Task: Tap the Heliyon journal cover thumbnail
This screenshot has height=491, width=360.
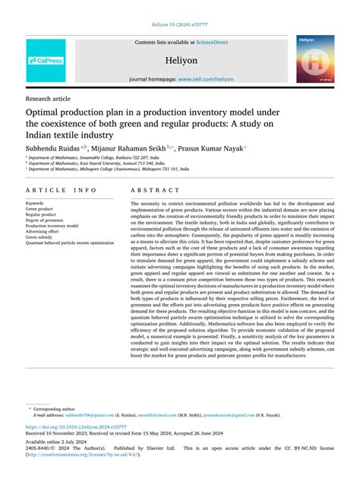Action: pyautogui.click(x=314, y=59)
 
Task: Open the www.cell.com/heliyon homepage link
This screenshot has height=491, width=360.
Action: pyautogui.click(x=206, y=79)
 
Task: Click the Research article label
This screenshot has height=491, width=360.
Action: pyautogui.click(x=49, y=99)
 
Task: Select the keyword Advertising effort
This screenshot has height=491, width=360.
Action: pyautogui.click(x=46, y=231)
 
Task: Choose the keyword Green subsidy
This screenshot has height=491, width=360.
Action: pyautogui.click(x=43, y=236)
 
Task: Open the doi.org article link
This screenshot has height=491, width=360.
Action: pyautogui.click(x=70, y=428)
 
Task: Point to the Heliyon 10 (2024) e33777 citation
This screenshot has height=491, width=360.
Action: pyautogui.click(x=179, y=24)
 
